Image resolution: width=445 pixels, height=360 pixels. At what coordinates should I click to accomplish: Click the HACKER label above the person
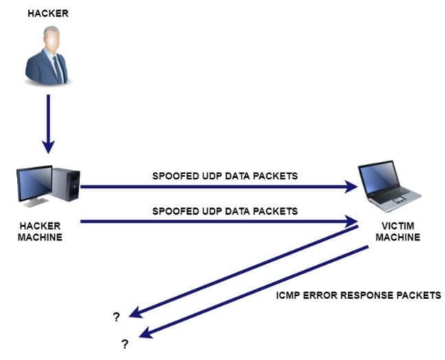pos(48,13)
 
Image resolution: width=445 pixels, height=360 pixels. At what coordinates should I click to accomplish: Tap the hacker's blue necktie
pos(58,69)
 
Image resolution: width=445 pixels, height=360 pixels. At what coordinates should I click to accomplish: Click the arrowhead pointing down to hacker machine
pos(48,146)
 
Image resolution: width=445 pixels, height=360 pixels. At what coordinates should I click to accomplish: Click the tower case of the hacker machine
pos(66,184)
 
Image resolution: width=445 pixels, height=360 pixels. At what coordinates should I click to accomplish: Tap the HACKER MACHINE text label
pos(40,232)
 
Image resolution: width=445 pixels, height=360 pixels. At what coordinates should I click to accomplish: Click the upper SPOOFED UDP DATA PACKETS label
pos(225,176)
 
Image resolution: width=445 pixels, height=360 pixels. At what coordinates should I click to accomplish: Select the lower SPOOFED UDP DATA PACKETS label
pos(225,211)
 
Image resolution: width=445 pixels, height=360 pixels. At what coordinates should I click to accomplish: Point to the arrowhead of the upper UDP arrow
pos(351,187)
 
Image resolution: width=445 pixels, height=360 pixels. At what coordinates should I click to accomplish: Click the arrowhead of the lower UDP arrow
pos(351,221)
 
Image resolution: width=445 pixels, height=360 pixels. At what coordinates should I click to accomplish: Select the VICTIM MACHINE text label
pos(398,232)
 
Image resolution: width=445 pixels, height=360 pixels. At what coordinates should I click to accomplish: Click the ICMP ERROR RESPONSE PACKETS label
pos(358,295)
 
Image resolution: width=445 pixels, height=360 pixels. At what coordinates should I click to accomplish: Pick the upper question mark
pos(116,317)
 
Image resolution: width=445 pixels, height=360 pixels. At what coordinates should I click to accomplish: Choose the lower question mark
pos(125,344)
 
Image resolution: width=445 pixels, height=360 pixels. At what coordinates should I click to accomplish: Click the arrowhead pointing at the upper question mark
pos(136,313)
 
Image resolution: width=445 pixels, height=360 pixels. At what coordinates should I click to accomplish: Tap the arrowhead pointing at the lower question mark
pos(146,333)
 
